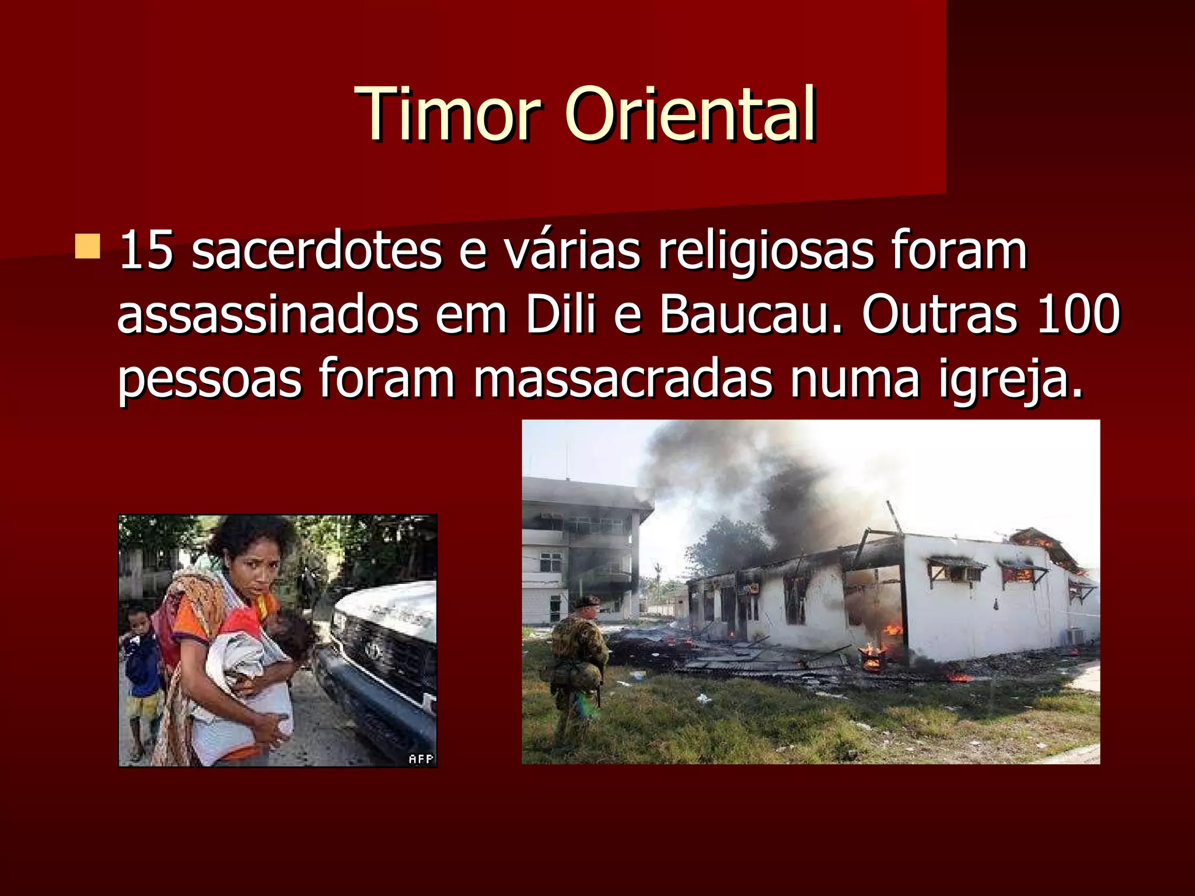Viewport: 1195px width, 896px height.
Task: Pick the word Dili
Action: point(560,315)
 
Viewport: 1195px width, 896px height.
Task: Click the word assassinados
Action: point(268,315)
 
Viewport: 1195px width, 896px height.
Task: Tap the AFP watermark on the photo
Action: point(421,758)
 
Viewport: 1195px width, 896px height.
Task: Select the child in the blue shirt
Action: point(141,659)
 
